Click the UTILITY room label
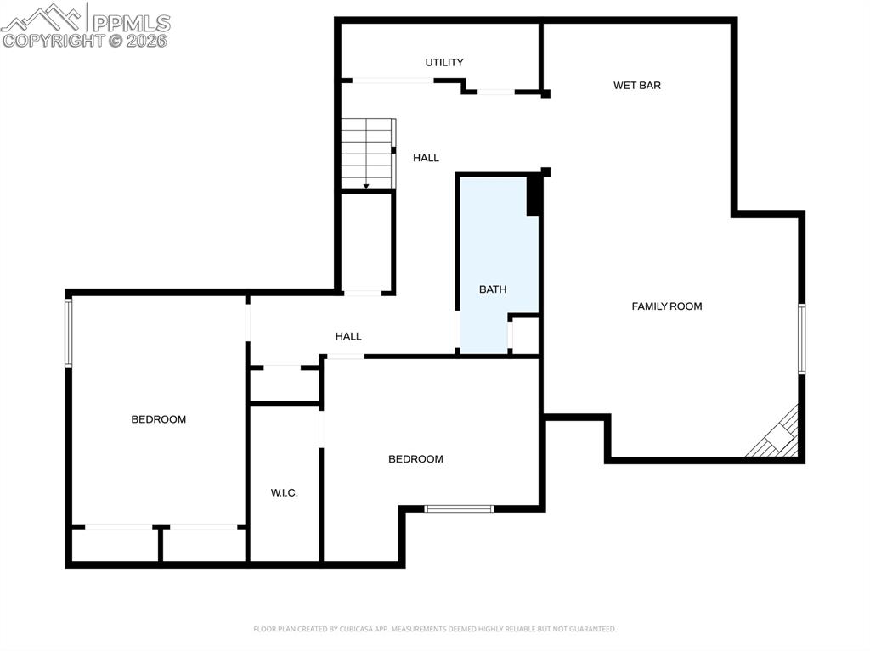[444, 63]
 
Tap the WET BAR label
[637, 86]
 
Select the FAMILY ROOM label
[667, 306]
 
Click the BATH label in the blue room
[493, 289]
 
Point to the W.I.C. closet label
[285, 493]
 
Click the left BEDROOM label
[158, 419]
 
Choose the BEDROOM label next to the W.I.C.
[415, 459]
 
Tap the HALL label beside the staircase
[427, 158]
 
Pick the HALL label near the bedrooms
[348, 336]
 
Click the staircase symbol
[368, 153]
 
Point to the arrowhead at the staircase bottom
[366, 186]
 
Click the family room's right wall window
[801, 339]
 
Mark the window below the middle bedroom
[459, 508]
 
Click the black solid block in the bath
[534, 196]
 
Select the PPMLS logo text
[130, 23]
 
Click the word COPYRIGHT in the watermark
[52, 40]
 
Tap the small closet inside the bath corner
[525, 335]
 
